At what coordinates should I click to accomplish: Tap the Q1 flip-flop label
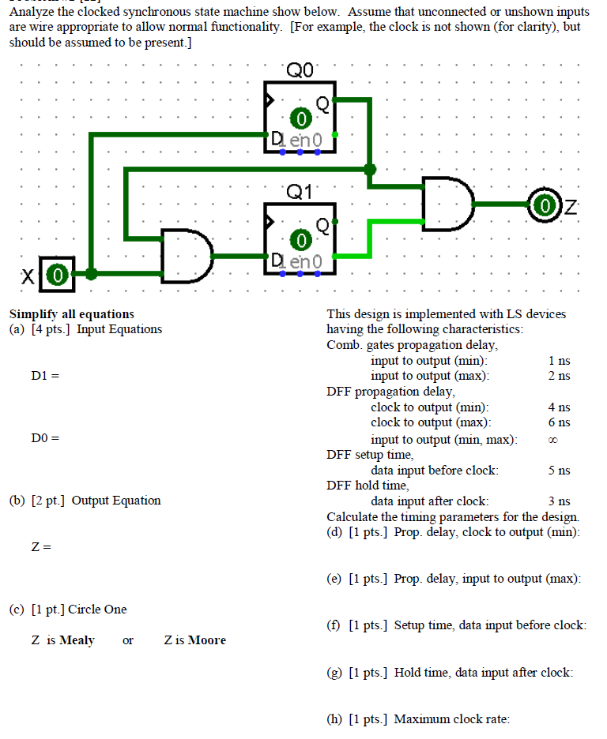pyautogui.click(x=300, y=192)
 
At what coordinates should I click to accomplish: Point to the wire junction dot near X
pyautogui.click(x=92, y=274)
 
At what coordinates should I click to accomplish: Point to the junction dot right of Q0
pyautogui.click(x=369, y=168)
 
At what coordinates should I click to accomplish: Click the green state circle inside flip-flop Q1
pyautogui.click(x=300, y=239)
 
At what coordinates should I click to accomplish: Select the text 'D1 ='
pyautogui.click(x=44, y=375)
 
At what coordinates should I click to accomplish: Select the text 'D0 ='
pyautogui.click(x=44, y=437)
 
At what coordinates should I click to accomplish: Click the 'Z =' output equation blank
pyautogui.click(x=41, y=546)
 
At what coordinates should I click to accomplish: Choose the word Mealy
pyautogui.click(x=77, y=640)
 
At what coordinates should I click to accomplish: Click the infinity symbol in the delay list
pyautogui.click(x=558, y=439)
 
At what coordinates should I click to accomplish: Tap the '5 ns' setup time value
pyautogui.click(x=558, y=471)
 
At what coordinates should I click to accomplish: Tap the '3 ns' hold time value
pyautogui.click(x=558, y=501)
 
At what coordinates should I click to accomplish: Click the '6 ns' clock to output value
pyautogui.click(x=558, y=422)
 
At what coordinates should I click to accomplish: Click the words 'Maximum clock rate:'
pyautogui.click(x=451, y=718)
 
